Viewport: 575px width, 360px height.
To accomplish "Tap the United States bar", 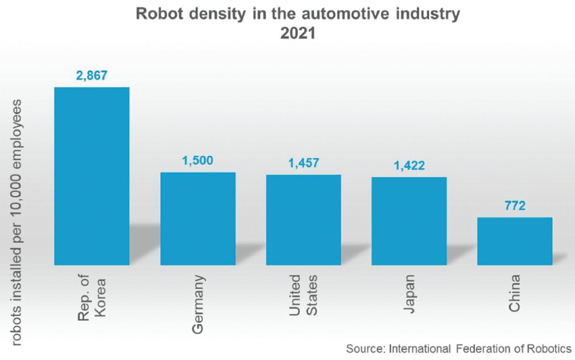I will [303, 220].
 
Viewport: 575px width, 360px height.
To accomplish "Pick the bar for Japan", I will [409, 221].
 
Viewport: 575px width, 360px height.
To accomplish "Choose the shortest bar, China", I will [515, 240].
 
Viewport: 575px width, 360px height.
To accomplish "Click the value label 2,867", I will [92, 76].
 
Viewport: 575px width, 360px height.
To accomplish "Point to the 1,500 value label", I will [197, 161].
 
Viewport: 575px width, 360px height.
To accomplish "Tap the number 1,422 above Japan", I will [409, 165].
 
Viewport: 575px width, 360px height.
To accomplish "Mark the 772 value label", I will [515, 205].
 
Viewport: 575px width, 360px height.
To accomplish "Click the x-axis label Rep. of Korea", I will [91, 297].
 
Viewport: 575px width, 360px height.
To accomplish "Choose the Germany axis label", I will [197, 303].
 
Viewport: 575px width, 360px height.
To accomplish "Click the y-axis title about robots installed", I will [16, 223].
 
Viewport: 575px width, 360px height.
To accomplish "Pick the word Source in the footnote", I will [364, 349].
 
